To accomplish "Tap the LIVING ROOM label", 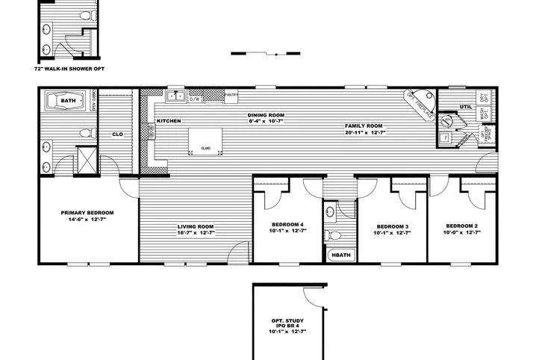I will pyautogui.click(x=196, y=226).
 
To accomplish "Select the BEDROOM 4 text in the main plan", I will pyautogui.click(x=287, y=225).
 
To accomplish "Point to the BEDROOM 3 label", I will pyautogui.click(x=392, y=226).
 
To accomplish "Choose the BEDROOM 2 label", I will pyautogui.click(x=461, y=226).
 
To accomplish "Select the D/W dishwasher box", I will pyautogui.click(x=195, y=99).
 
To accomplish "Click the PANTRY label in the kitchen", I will pyautogui.click(x=231, y=96).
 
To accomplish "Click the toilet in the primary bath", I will pyautogui.click(x=86, y=134).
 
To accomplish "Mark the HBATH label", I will pyautogui.click(x=340, y=255).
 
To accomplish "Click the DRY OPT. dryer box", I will pyautogui.click(x=484, y=97).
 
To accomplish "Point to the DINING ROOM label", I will pyautogui.click(x=267, y=115).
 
